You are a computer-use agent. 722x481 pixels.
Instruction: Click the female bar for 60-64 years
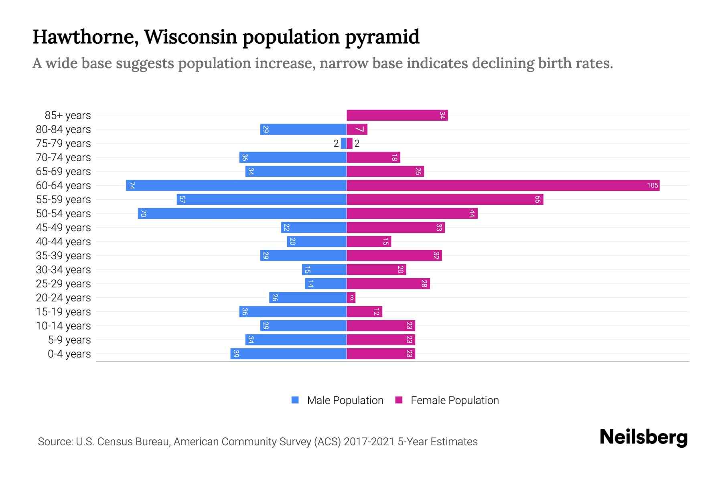pyautogui.click(x=503, y=185)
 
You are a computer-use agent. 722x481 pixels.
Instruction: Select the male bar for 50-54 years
pyautogui.click(x=242, y=213)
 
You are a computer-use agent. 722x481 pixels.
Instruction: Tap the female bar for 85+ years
pyautogui.click(x=397, y=115)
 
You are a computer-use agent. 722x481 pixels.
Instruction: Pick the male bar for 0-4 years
pyautogui.click(x=288, y=354)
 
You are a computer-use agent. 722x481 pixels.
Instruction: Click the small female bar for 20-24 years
pyautogui.click(x=351, y=297)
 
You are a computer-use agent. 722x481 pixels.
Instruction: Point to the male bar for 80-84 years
pyautogui.click(x=303, y=129)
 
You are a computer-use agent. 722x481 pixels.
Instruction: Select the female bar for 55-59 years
pyautogui.click(x=445, y=199)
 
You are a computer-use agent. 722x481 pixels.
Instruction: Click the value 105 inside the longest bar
pyautogui.click(x=652, y=185)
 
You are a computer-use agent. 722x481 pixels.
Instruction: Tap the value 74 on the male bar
pyautogui.click(x=132, y=185)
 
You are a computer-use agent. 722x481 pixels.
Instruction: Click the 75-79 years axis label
pyautogui.click(x=63, y=143)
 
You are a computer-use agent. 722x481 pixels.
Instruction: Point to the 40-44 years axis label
pyautogui.click(x=63, y=241)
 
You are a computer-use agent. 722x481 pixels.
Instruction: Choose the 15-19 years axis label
pyautogui.click(x=63, y=311)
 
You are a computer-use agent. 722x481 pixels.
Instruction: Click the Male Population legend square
pyautogui.click(x=295, y=400)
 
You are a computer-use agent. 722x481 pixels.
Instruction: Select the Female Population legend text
pyautogui.click(x=454, y=400)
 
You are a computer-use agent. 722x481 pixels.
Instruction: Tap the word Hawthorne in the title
pyautogui.click(x=85, y=37)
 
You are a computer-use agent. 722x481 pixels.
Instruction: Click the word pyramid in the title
pyautogui.click(x=382, y=37)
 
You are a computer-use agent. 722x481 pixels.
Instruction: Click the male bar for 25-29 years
pyautogui.click(x=326, y=283)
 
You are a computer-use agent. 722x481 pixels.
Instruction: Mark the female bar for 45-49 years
pyautogui.click(x=395, y=227)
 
